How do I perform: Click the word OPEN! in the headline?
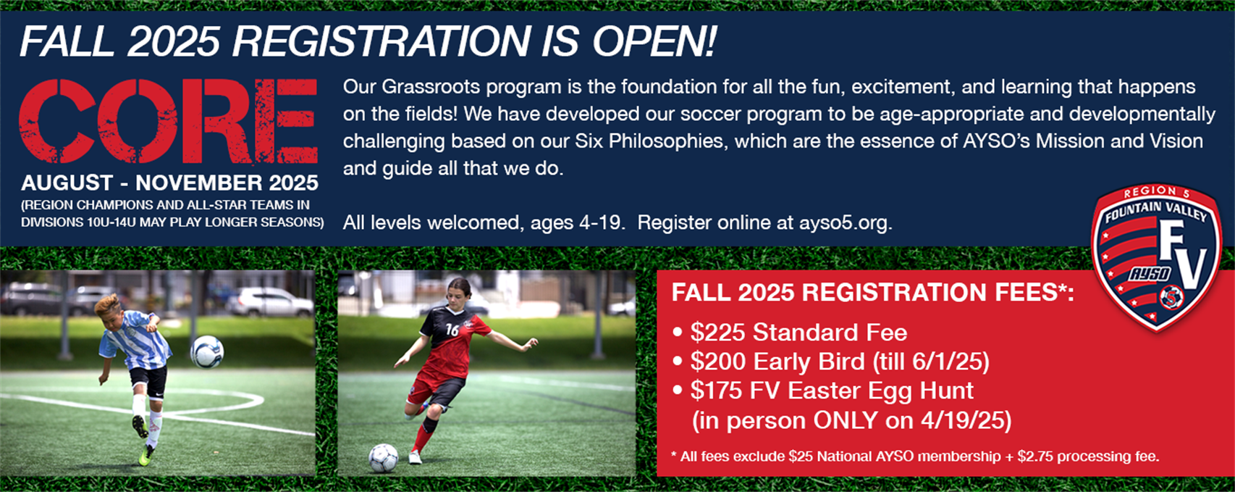(x=654, y=41)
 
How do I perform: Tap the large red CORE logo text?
(x=168, y=121)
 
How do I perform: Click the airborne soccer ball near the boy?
(x=207, y=352)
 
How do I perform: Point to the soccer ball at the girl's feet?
(x=383, y=458)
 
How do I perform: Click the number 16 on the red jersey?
(x=452, y=330)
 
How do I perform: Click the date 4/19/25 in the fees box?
(x=966, y=420)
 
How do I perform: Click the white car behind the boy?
(x=270, y=301)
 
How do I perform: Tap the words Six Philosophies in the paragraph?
(x=649, y=141)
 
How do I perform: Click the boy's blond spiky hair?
(x=108, y=304)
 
